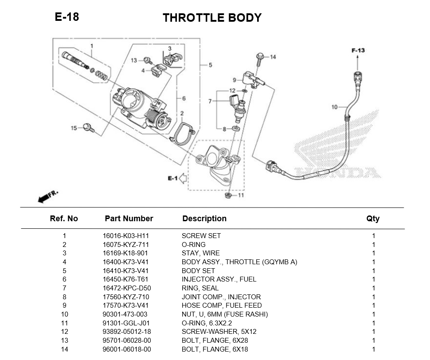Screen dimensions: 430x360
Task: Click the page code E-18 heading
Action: tap(67, 17)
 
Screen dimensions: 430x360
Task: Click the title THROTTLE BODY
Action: tap(212, 18)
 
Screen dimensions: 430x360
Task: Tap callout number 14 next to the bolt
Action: tap(273, 57)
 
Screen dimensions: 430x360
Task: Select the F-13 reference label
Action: tap(358, 51)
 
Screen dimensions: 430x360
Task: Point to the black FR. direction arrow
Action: tap(43, 199)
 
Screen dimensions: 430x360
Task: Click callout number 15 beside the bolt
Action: tap(74, 128)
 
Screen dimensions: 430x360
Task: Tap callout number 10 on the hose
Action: tap(335, 107)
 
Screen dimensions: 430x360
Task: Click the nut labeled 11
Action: tap(227, 195)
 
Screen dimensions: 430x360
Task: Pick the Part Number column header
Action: tap(129, 219)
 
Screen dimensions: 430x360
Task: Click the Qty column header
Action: tap(373, 219)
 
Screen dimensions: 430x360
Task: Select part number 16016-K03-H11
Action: tap(125, 236)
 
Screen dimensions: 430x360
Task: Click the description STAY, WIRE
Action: tap(200, 253)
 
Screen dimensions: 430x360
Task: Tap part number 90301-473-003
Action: tap(125, 314)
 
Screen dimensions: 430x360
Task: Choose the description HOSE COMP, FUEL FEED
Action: tap(222, 305)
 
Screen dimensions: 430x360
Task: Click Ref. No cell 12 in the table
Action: tap(64, 332)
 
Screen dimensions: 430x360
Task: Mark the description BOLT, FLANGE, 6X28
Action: tap(215, 340)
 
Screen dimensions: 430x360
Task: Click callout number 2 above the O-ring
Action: tap(182, 113)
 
